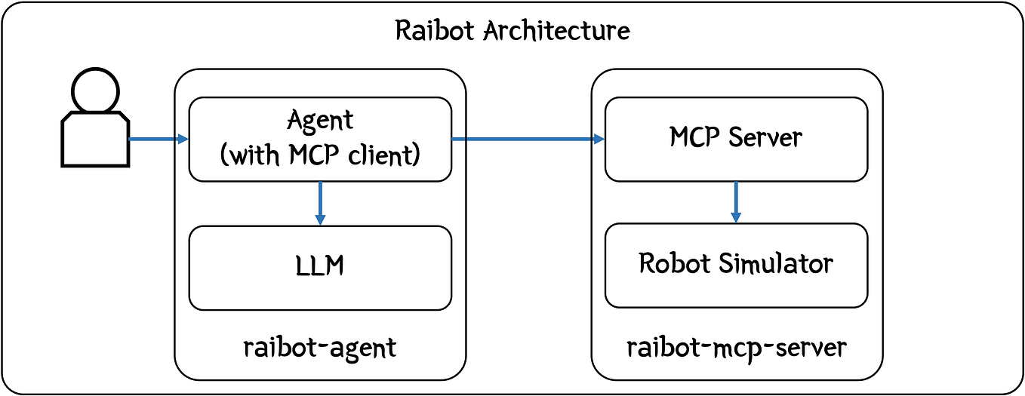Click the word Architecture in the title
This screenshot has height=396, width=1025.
[x=556, y=31]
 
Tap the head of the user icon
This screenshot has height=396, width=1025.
[x=94, y=90]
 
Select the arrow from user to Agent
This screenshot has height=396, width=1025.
[x=157, y=139]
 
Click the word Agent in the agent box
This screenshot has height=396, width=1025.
[x=320, y=120]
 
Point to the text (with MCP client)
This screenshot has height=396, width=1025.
[x=320, y=155]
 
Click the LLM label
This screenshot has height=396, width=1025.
[x=320, y=266]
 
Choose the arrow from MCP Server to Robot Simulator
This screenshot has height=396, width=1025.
[x=736, y=201]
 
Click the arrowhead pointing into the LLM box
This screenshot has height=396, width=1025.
[x=320, y=219]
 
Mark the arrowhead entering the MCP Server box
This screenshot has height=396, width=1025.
[x=599, y=139]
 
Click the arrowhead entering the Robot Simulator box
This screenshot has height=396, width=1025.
[x=736, y=217]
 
